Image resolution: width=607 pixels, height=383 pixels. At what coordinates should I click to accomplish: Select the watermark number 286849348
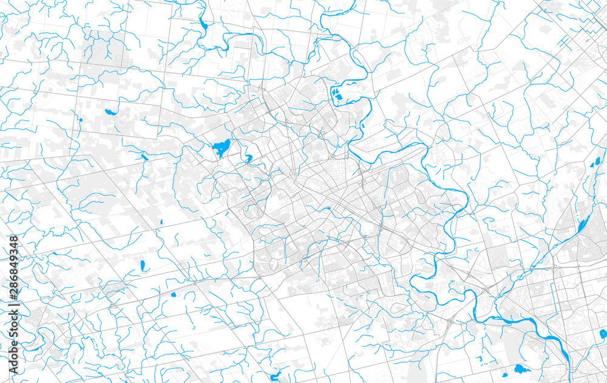pyautogui.click(x=14, y=267)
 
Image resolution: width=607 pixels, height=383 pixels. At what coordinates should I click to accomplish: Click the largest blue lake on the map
pyautogui.click(x=222, y=148)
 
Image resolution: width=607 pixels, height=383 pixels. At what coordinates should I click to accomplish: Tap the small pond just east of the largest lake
pyautogui.click(x=248, y=159)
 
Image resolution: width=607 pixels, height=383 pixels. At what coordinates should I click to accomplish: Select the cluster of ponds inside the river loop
pyautogui.click(x=336, y=94)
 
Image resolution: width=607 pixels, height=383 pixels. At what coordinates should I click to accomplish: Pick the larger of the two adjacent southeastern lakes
pyautogui.click(x=521, y=368)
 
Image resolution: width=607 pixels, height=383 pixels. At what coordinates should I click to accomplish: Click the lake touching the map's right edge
pyautogui.click(x=603, y=333)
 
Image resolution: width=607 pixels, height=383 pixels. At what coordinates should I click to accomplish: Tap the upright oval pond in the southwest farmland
pyautogui.click(x=143, y=266)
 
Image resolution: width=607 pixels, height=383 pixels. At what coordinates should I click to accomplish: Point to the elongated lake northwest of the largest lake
pyautogui.click(x=111, y=112)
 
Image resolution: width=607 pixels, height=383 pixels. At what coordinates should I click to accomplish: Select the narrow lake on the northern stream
pyautogui.click(x=202, y=26)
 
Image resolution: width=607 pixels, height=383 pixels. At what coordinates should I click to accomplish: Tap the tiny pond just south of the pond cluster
pyautogui.click(x=362, y=126)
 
